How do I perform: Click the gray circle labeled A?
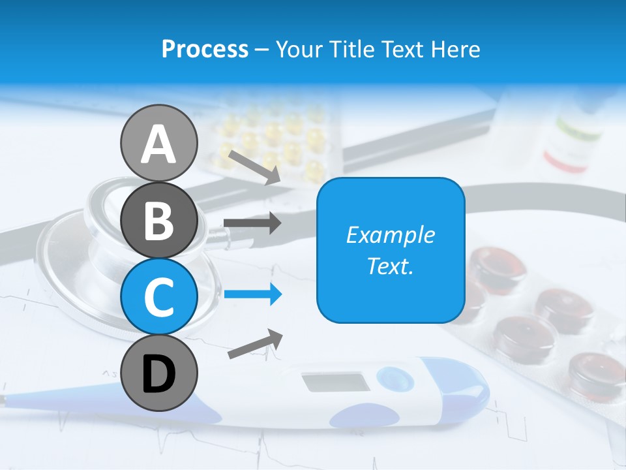pos(158,143)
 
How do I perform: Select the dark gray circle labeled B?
pos(158,220)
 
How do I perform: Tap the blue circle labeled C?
pos(158,296)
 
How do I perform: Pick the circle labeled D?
pos(158,373)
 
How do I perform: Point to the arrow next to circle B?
pos(252,223)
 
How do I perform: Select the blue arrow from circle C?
pos(252,294)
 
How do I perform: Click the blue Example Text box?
pos(390,250)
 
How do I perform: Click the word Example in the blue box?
pos(390,235)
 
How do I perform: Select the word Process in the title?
pos(205,49)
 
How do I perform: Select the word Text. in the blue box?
pos(390,266)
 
